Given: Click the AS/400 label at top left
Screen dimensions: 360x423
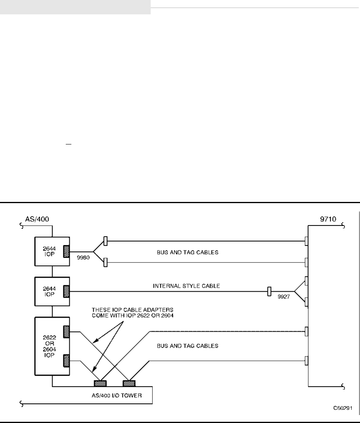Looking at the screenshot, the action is click(x=37, y=219).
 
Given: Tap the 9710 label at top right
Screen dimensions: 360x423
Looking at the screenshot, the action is click(x=328, y=219).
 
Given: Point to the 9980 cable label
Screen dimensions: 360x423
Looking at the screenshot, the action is click(x=83, y=257).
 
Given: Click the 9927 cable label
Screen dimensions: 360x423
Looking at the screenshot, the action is click(x=284, y=297).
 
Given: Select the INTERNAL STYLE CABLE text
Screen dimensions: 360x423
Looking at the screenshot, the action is click(x=186, y=286).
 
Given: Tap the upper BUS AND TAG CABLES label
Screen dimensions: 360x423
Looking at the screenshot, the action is click(x=187, y=252).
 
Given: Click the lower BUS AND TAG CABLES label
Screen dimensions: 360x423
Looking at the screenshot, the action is click(x=187, y=346).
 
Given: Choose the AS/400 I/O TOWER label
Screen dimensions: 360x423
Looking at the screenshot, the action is click(x=117, y=395).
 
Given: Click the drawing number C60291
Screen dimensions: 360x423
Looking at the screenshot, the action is click(x=343, y=408).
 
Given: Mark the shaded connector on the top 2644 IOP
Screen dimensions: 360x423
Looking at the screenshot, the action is click(x=66, y=251).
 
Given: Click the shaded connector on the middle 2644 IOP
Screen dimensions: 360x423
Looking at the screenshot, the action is click(x=66, y=291).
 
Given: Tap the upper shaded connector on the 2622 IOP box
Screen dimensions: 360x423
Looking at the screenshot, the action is click(x=66, y=332).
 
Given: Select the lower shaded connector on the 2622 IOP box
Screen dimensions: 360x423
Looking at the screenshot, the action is click(x=66, y=361).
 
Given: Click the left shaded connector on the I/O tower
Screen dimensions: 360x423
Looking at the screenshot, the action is click(x=100, y=383).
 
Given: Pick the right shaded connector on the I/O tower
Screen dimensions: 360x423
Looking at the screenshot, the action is click(x=129, y=383).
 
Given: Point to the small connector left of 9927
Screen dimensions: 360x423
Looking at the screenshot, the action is click(x=269, y=291).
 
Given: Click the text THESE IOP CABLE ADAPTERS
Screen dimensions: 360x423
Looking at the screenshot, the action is click(x=132, y=310).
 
